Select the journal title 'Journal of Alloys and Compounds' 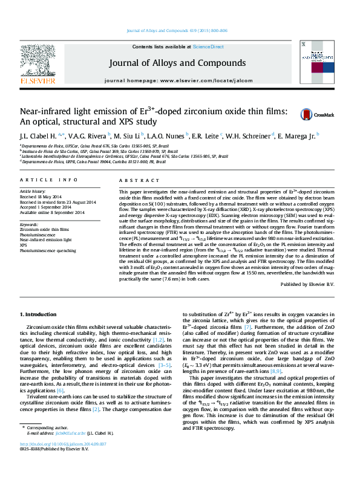click(177, 63)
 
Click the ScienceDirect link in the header click(209, 47)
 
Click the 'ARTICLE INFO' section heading click(49, 180)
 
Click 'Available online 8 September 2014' click(53, 212)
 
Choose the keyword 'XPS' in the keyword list click(25, 245)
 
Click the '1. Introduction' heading click(41, 315)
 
